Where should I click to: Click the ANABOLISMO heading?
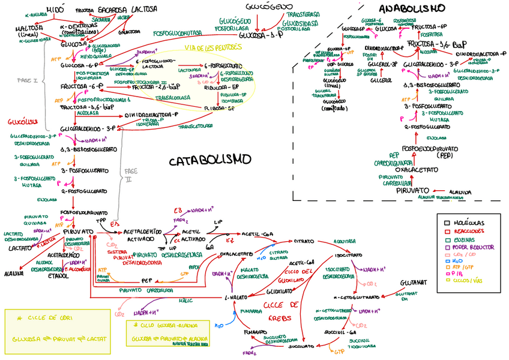[x=412, y=8]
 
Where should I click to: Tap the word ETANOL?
[x=58, y=276]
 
